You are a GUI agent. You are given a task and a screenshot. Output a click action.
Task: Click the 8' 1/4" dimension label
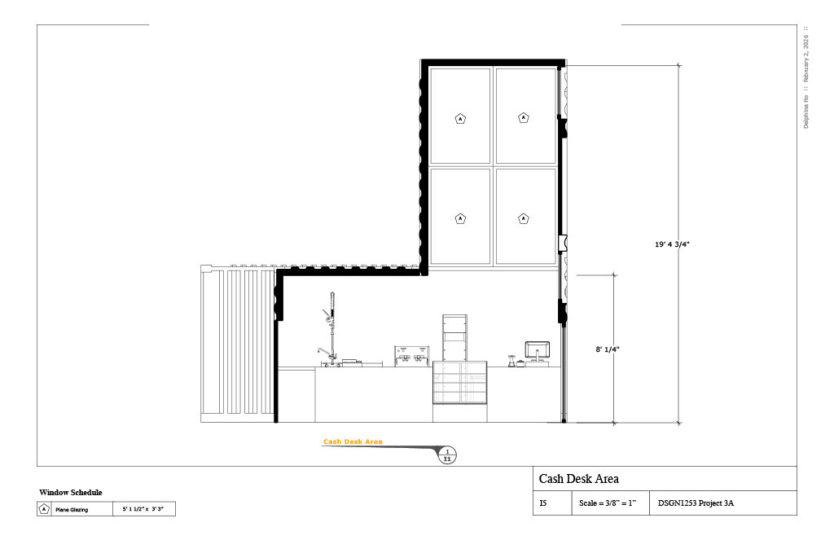pos(608,349)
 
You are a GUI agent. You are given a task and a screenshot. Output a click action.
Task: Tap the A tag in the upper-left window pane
pos(460,119)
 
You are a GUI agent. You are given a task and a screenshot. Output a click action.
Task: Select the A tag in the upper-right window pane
pos(524,118)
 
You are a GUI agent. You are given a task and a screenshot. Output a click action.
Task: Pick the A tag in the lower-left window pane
pos(460,218)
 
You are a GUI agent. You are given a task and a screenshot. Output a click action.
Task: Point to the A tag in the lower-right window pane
pos(524,218)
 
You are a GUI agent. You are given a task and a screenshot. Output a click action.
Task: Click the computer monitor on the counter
pos(537,352)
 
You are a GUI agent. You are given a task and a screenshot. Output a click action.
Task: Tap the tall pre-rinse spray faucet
pos(331,326)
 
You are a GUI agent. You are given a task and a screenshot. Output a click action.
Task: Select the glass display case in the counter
pos(459,384)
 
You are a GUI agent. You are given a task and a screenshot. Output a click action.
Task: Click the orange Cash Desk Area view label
pos(353,442)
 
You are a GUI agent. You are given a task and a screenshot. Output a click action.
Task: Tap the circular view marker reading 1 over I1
pos(446,455)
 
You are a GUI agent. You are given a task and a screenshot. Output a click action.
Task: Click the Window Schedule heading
pos(71,493)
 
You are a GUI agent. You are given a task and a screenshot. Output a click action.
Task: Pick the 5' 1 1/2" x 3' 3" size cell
pos(143,510)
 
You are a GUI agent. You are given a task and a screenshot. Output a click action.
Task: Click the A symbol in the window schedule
pos(44,510)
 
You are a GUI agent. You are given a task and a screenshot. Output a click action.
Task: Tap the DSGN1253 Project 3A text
pos(696,503)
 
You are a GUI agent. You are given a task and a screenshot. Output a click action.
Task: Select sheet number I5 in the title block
pos(543,503)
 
